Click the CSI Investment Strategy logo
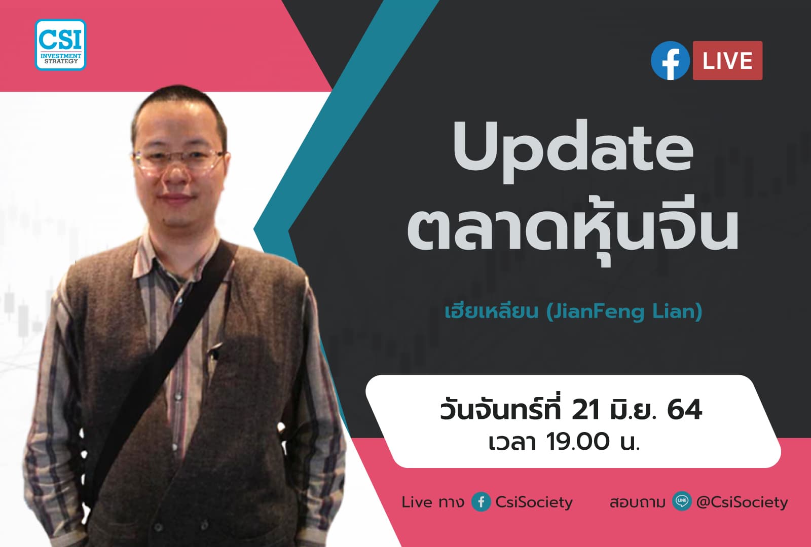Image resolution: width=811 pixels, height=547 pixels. point(61,45)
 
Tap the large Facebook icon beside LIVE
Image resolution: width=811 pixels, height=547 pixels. point(670,61)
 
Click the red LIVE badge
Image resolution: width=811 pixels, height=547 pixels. point(727,61)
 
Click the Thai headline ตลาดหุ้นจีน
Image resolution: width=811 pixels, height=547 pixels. point(573,230)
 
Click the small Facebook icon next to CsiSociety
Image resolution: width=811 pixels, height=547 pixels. point(481,502)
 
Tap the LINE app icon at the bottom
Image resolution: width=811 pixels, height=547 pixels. point(682,501)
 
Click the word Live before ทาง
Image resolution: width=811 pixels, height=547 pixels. point(417,502)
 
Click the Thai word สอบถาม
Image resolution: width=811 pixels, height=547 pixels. point(637,502)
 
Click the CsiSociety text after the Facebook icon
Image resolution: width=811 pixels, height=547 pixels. point(534,502)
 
